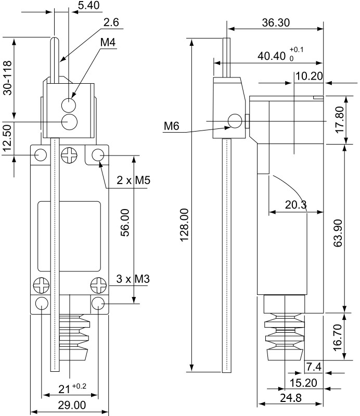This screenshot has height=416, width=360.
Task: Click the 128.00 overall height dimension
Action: pyautogui.click(x=184, y=225)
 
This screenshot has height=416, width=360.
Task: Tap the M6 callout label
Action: pyautogui.click(x=172, y=126)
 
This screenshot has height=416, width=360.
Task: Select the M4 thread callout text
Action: pyautogui.click(x=108, y=42)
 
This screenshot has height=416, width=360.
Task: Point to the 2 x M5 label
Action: pyautogui.click(x=134, y=180)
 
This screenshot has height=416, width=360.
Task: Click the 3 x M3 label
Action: pyautogui.click(x=133, y=279)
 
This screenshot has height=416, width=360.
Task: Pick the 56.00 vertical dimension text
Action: pyautogui.click(x=125, y=223)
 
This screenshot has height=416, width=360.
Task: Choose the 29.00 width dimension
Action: pyautogui.click(x=72, y=405)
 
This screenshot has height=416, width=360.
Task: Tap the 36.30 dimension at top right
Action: pyautogui.click(x=276, y=23)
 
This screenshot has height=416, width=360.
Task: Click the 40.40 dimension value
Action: pyautogui.click(x=272, y=56)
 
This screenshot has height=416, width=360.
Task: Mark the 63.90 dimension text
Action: pyautogui.click(x=338, y=233)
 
